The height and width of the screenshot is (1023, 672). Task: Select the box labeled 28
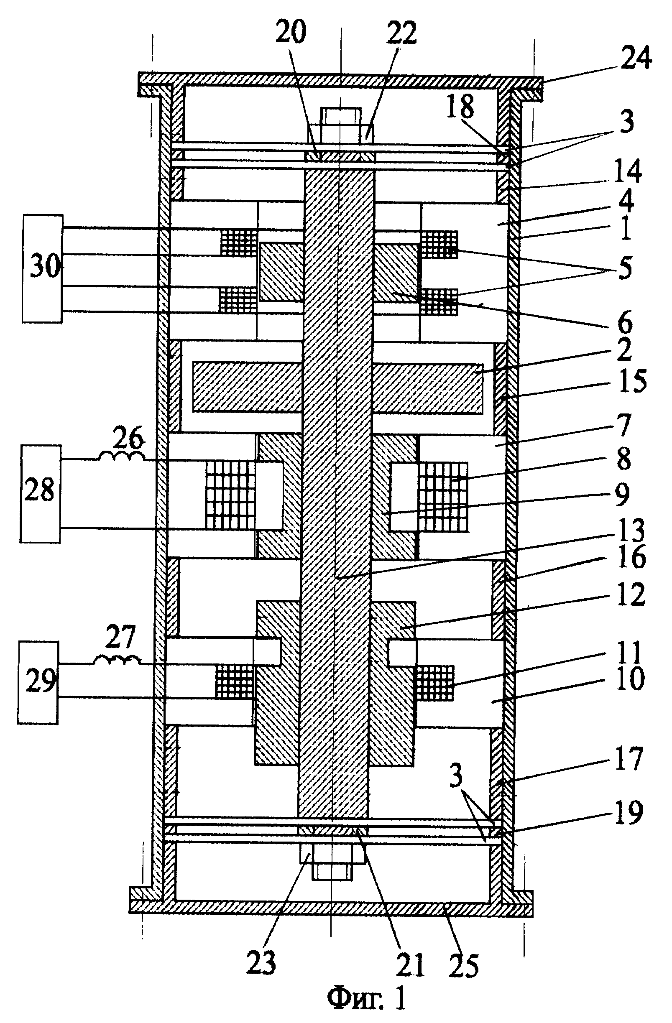[x=41, y=493]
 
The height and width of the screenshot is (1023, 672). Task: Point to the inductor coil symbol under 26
[x=123, y=455]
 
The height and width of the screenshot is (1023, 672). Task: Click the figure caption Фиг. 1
[x=366, y=1002]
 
